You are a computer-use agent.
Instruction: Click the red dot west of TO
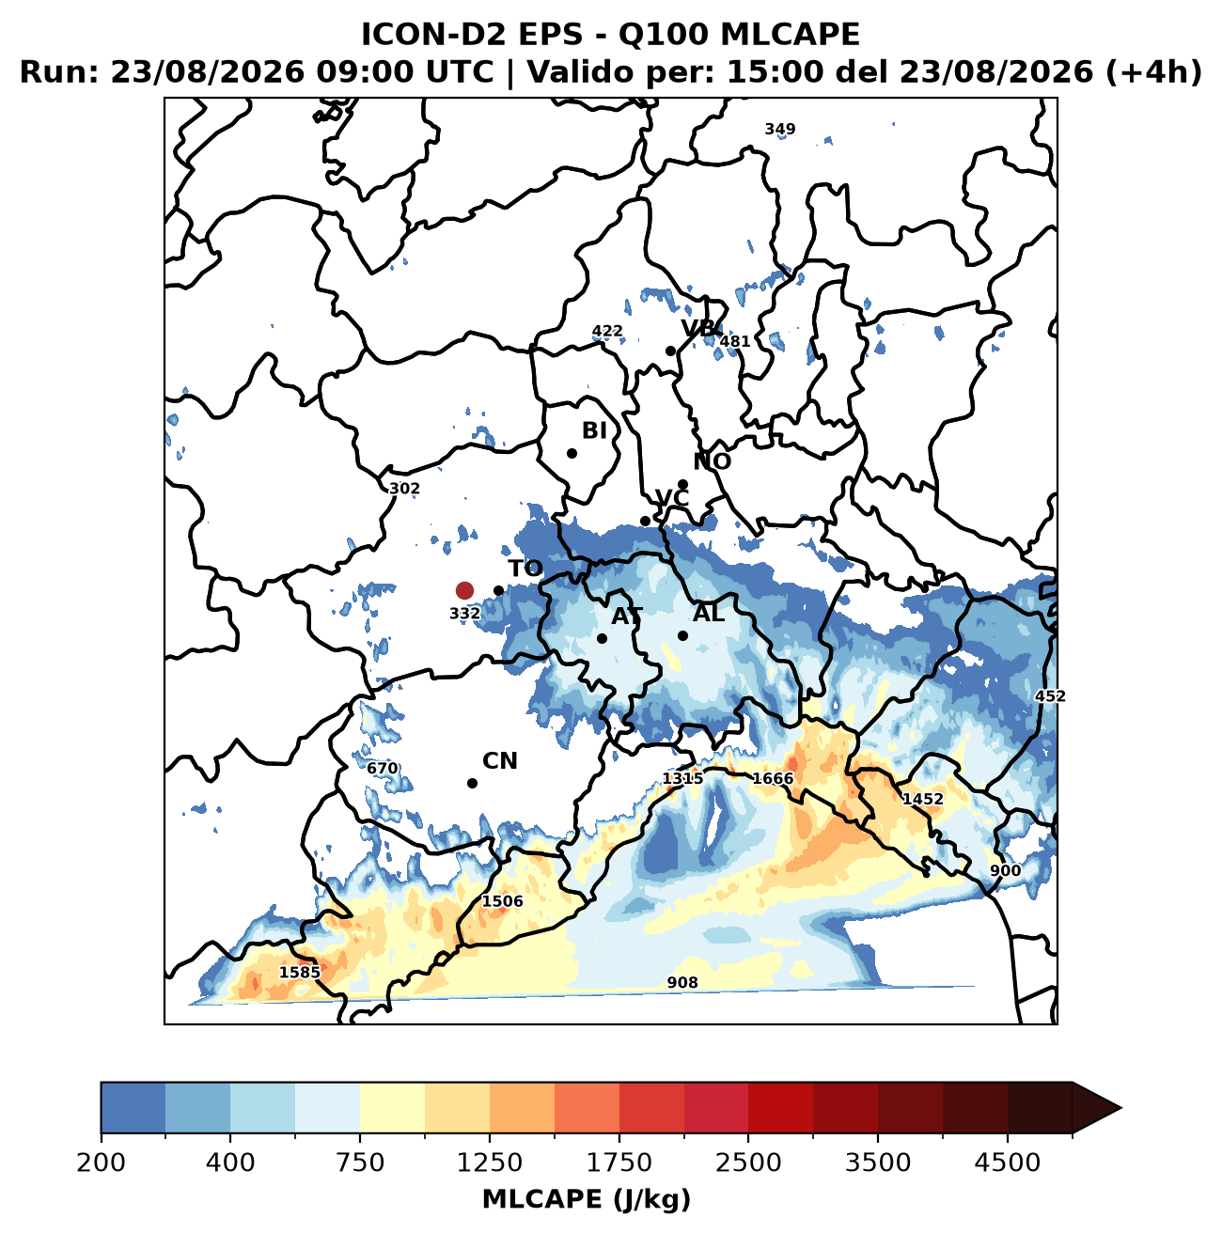464,590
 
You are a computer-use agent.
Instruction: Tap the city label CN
499,761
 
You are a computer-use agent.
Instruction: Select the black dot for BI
572,453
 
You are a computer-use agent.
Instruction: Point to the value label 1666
772,778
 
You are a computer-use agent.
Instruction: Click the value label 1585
300,972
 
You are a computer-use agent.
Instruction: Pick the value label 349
779,130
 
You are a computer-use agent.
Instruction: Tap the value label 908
682,982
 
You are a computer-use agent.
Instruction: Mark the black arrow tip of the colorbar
1120,1108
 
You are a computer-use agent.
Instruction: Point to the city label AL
709,614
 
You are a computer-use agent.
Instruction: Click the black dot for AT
602,638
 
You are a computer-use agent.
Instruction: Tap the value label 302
404,489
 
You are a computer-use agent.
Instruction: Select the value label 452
1050,695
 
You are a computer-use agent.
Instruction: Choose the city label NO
712,461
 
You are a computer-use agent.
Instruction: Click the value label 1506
503,901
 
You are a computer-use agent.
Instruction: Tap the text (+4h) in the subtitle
1152,71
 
